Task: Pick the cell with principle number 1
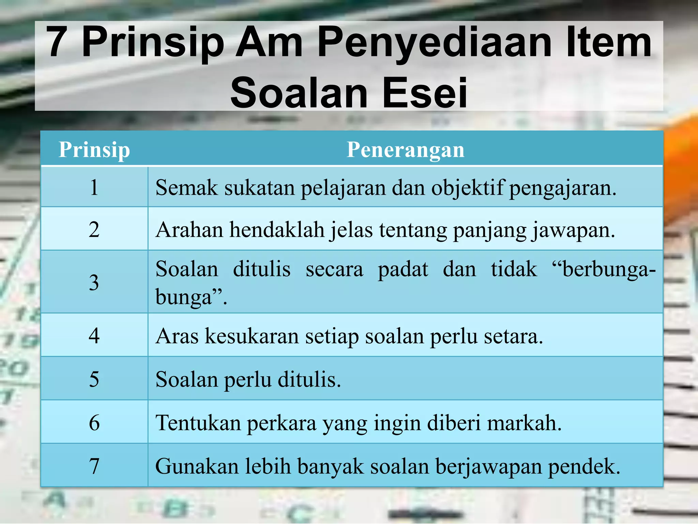pos(94,187)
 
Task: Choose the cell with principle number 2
pos(94,229)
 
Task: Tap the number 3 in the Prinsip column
pos(94,282)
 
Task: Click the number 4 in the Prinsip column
pos(94,336)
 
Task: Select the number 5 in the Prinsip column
pos(94,379)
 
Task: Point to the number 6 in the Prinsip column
pos(94,423)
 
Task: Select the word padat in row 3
pos(403,269)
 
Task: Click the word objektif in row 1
pos(467,188)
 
